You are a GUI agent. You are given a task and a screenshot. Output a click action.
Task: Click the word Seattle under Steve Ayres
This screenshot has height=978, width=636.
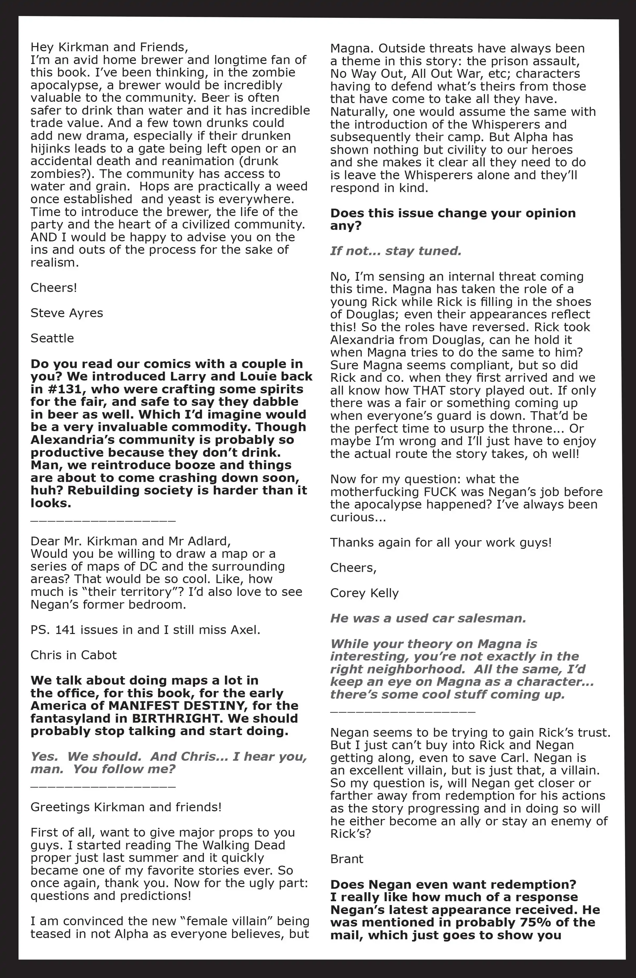click(52, 338)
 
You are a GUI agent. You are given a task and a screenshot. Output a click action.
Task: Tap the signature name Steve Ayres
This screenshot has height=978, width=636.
click(67, 313)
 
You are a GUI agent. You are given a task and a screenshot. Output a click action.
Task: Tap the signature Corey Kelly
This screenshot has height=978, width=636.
click(364, 593)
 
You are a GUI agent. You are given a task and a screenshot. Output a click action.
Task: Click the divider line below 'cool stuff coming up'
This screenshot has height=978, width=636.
click(403, 711)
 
